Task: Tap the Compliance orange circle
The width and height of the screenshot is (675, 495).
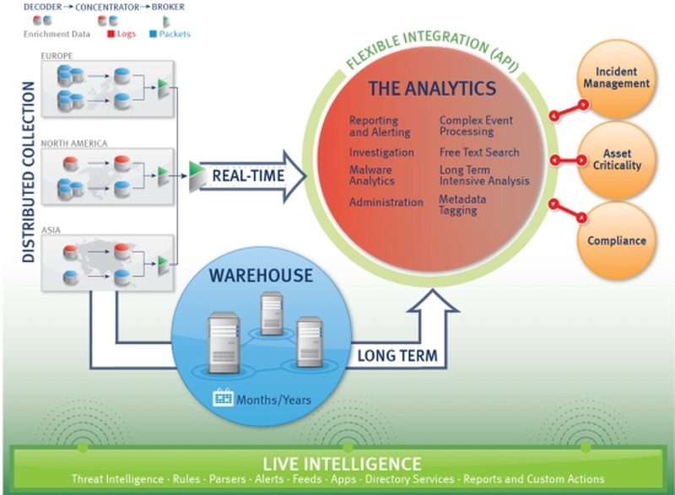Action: pyautogui.click(x=617, y=240)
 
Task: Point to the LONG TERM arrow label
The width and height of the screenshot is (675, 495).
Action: pyautogui.click(x=397, y=355)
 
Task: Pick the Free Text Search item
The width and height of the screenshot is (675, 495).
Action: pyautogui.click(x=478, y=153)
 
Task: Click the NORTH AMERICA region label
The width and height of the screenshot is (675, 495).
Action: pyautogui.click(x=74, y=143)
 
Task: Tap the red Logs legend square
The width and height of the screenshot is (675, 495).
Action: pyautogui.click(x=110, y=35)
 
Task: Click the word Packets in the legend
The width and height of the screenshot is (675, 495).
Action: pyautogui.click(x=175, y=35)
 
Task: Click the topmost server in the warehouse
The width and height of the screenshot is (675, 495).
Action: pyautogui.click(x=271, y=309)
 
